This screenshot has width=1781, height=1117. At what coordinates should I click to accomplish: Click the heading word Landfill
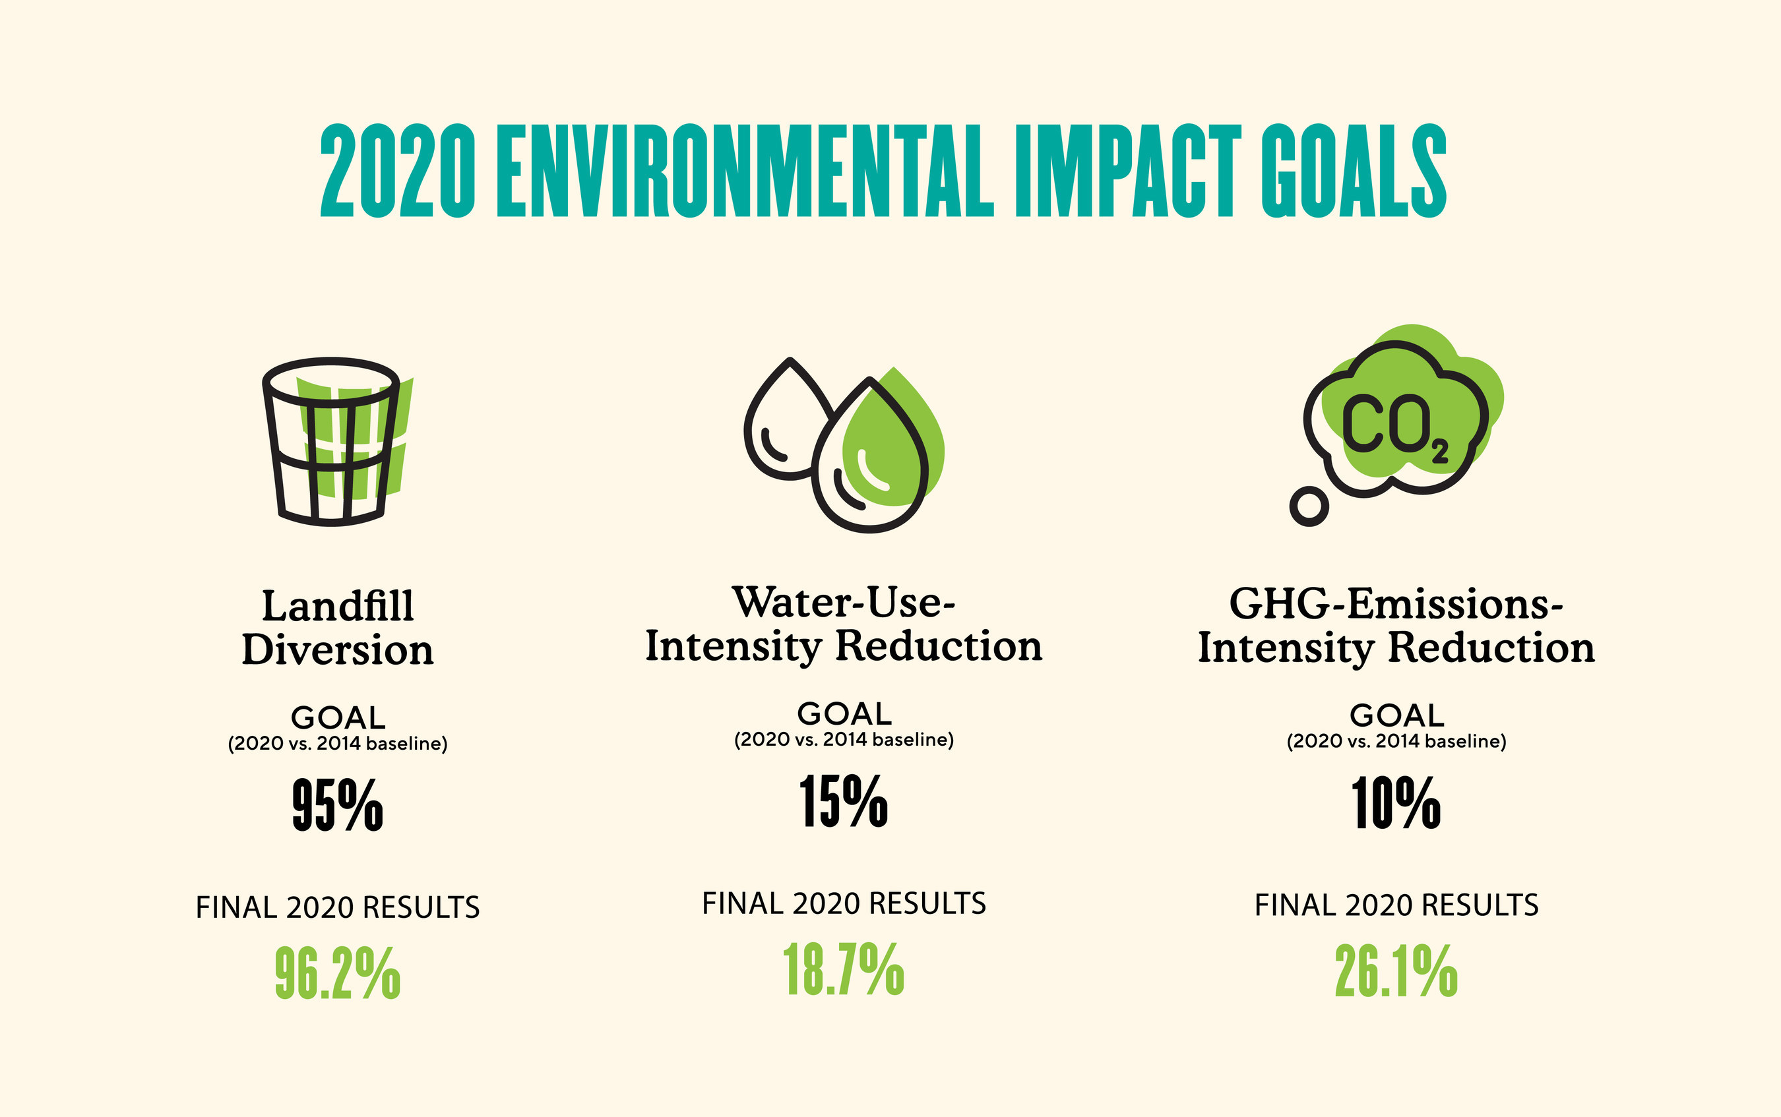(338, 606)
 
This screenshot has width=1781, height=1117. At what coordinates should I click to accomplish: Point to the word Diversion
(338, 650)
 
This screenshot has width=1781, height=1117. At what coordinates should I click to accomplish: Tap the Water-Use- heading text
(844, 602)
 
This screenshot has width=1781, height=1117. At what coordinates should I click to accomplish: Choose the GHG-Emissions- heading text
(1396, 603)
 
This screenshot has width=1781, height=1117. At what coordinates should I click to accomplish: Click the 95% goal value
(338, 805)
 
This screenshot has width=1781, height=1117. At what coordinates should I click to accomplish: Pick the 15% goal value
(844, 802)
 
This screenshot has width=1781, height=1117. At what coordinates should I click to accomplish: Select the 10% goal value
(1396, 803)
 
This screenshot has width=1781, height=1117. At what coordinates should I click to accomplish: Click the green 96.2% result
(338, 974)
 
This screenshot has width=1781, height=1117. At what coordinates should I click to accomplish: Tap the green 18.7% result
(844, 969)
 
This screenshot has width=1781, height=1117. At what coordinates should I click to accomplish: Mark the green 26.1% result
(1396, 971)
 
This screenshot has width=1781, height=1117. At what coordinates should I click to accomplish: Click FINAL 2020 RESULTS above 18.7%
(844, 903)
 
